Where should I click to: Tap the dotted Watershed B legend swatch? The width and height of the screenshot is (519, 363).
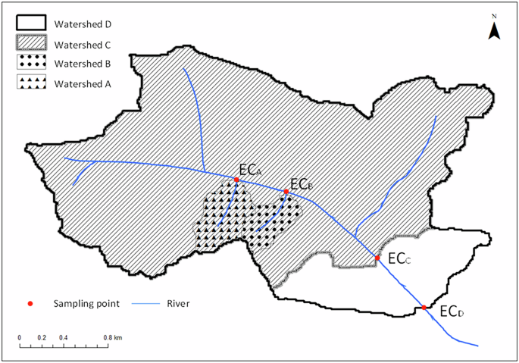[32, 62]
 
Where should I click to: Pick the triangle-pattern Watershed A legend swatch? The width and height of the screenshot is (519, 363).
[32, 83]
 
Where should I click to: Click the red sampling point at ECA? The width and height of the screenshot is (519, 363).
[236, 180]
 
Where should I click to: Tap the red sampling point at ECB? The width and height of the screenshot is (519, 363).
[286, 191]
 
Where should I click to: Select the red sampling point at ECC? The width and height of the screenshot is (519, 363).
[377, 258]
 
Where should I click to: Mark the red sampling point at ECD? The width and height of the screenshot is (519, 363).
[424, 308]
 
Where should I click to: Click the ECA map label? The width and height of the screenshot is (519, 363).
[250, 170]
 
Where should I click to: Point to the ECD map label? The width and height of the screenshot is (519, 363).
[452, 311]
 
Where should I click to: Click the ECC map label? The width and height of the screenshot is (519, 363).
[399, 259]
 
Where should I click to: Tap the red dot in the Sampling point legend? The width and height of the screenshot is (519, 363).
[30, 304]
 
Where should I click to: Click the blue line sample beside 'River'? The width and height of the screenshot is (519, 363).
[149, 304]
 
